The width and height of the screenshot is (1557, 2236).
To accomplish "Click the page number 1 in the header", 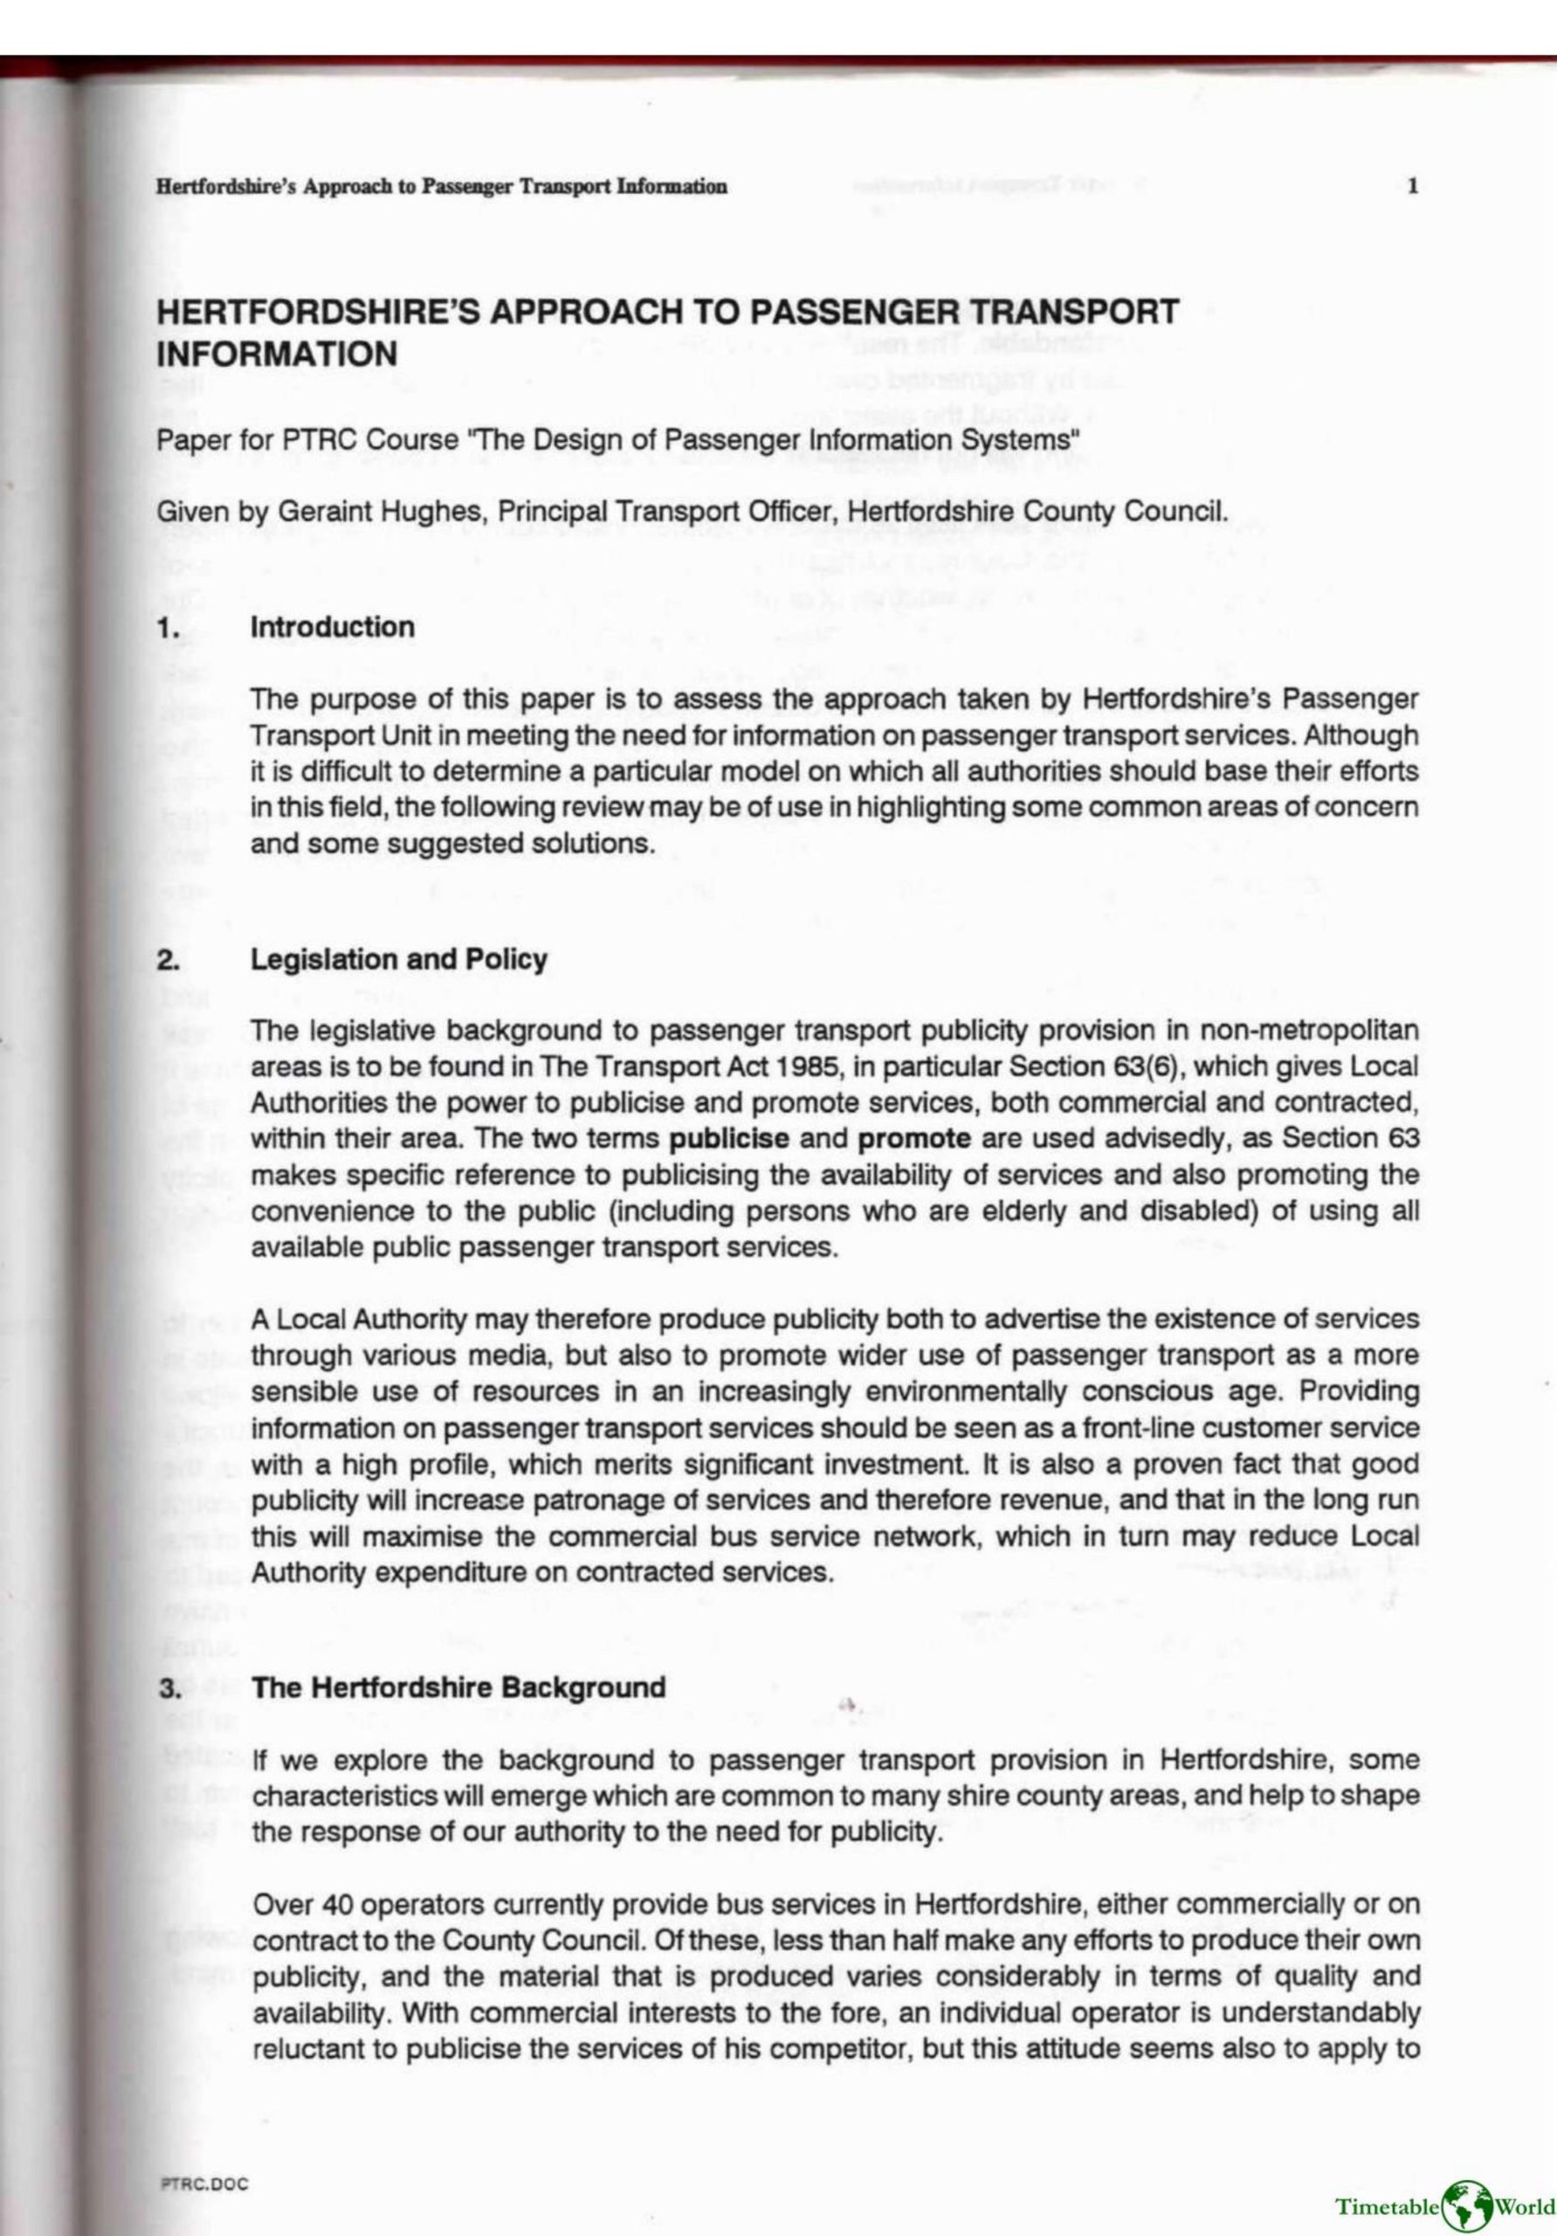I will (x=1413, y=186).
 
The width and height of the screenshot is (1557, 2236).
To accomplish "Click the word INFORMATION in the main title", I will (x=277, y=354).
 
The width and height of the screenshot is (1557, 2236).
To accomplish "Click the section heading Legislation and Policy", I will (x=398, y=959).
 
